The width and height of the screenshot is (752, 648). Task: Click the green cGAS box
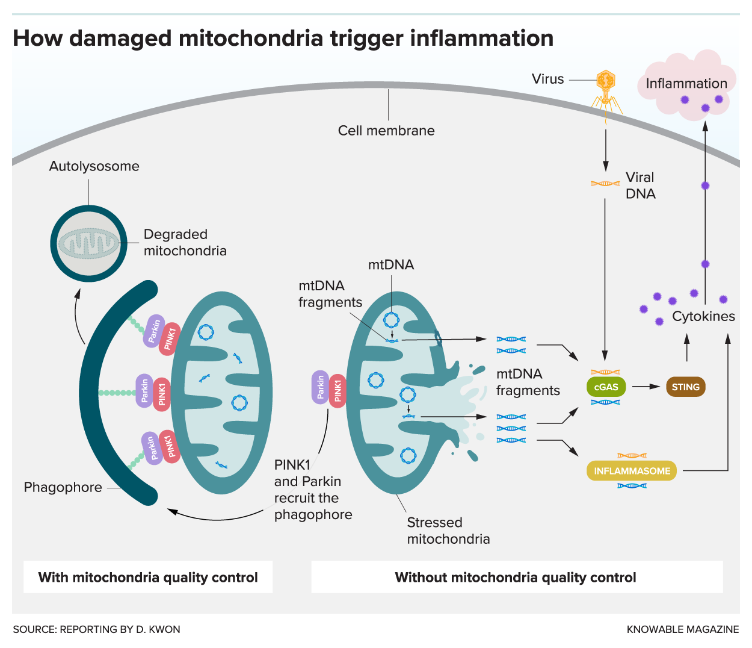tap(606, 387)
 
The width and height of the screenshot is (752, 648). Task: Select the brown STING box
tap(685, 387)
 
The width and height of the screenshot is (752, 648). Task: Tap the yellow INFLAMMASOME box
tap(632, 471)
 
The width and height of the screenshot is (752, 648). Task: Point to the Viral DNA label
tap(640, 185)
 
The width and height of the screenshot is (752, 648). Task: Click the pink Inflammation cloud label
tap(686, 84)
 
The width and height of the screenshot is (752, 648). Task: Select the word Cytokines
tap(703, 316)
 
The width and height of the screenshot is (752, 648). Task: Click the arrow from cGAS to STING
tap(646, 387)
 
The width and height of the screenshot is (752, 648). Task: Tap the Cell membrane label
tap(386, 131)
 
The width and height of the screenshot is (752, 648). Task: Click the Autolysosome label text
tap(94, 166)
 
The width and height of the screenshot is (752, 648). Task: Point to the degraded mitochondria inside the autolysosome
tap(88, 244)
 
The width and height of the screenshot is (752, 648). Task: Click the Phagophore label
tap(63, 487)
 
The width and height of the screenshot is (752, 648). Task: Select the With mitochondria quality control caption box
tap(148, 577)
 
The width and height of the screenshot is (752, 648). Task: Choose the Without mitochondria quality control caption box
tap(516, 577)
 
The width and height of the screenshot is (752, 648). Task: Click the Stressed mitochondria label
tap(448, 531)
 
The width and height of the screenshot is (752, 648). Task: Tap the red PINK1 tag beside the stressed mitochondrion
tap(337, 390)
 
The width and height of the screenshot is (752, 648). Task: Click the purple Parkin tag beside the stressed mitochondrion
tap(321, 387)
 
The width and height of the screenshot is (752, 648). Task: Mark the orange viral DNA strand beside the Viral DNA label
tap(605, 184)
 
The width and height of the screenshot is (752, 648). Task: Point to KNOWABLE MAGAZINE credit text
tap(682, 629)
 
